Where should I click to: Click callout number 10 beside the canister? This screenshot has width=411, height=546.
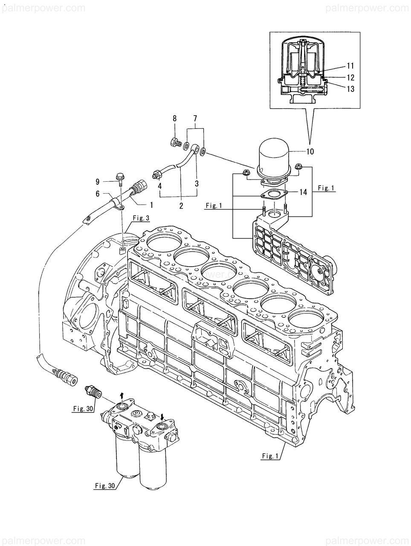point(310,151)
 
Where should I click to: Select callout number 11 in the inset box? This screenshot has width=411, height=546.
point(350,66)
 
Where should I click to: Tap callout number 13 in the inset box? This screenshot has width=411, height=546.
point(350,89)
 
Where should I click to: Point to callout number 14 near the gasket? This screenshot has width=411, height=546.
point(303,192)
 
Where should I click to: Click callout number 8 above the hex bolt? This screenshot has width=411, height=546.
point(174,119)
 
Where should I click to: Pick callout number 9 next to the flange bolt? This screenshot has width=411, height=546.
point(98,182)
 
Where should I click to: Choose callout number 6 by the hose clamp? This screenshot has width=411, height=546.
point(98,194)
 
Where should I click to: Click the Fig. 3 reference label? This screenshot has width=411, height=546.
point(141,218)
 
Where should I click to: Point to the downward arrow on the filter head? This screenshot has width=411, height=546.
point(162,415)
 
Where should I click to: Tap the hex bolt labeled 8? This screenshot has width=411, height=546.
point(175,143)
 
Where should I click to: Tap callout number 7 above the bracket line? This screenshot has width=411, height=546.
point(195,119)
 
